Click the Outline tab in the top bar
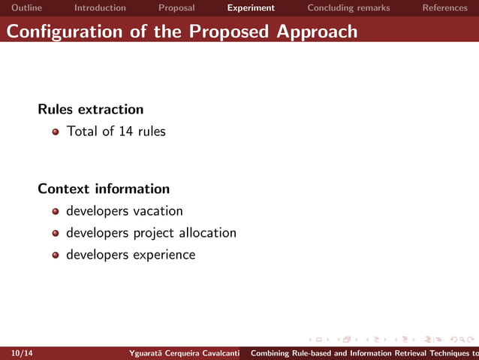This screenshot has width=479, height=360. pyautogui.click(x=26, y=8)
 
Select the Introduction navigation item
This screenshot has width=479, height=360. pyautogui.click(x=100, y=8)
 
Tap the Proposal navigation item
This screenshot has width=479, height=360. pyautogui.click(x=176, y=8)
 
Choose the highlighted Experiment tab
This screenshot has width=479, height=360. pyautogui.click(x=251, y=8)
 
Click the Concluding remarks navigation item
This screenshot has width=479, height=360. pyautogui.click(x=348, y=8)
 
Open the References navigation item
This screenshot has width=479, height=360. pyautogui.click(x=444, y=8)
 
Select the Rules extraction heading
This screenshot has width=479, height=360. pyautogui.click(x=90, y=110)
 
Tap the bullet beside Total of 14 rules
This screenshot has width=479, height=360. pyautogui.click(x=56, y=132)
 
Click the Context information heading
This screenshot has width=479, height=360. pyautogui.click(x=104, y=189)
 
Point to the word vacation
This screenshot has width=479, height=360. pyautogui.click(x=158, y=211)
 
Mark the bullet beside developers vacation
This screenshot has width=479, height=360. pyautogui.click(x=56, y=212)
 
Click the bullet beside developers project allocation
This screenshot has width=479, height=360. pyautogui.click(x=56, y=234)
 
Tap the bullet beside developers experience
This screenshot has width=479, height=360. pyautogui.click(x=56, y=256)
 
